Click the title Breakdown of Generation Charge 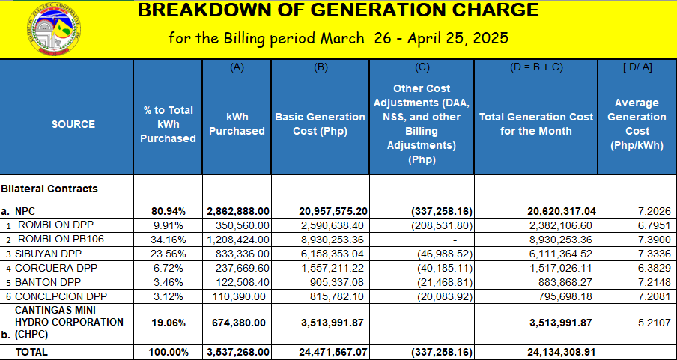(338, 10)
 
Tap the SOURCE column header (73, 124)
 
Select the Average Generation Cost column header (637, 124)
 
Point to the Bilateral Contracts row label (49, 189)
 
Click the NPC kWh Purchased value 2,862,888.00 (238, 212)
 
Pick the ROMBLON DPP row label (49, 225)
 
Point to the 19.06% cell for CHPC (170, 323)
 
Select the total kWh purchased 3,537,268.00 (238, 351)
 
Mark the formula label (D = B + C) (535, 67)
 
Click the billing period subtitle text (338, 37)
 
